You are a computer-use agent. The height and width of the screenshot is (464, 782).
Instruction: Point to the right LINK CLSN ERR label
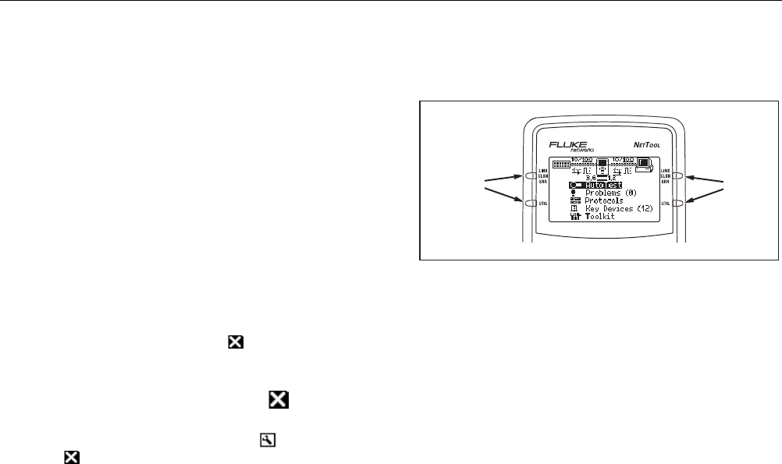[666, 176]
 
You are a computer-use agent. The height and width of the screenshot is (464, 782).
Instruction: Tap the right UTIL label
[666, 203]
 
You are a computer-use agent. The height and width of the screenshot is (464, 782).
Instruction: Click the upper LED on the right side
[677, 176]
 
